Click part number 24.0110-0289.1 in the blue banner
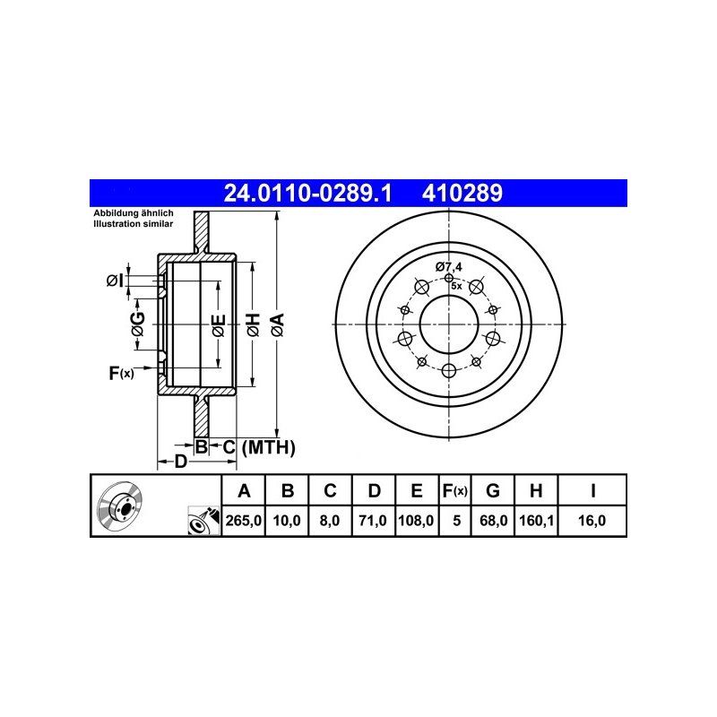tap(307, 193)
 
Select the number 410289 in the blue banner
tap(462, 193)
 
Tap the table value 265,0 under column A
tap(243, 521)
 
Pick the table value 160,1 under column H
tap(536, 521)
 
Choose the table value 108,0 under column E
tap(416, 521)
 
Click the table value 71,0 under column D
tap(373, 521)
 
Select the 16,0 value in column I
tap(592, 521)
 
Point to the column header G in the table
tap(492, 490)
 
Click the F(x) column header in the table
tap(455, 490)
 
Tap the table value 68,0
tap(493, 521)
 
